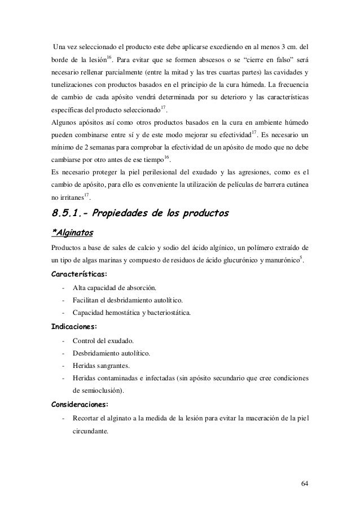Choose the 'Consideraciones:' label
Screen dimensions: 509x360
point(80,404)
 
